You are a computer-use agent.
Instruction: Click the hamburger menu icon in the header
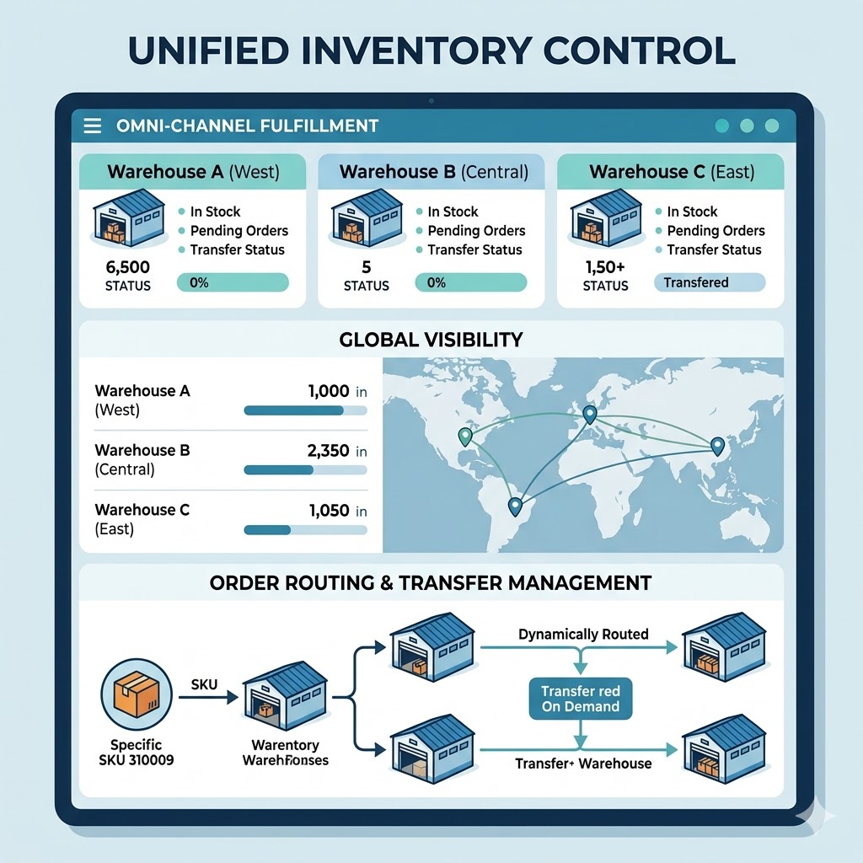[x=93, y=126]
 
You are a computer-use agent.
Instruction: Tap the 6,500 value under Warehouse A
[x=128, y=268]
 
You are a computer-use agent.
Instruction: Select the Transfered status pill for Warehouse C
[x=708, y=282]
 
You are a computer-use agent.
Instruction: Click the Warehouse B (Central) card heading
[x=433, y=173]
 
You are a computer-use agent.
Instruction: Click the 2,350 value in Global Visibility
[x=329, y=451]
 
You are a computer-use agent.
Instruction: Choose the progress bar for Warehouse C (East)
[x=304, y=530]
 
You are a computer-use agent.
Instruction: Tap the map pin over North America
[x=464, y=436]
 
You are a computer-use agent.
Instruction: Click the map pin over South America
[x=515, y=506]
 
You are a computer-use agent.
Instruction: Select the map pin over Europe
[x=589, y=413]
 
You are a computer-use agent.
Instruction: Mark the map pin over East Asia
[x=717, y=446]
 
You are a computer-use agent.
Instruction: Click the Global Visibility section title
[x=431, y=340]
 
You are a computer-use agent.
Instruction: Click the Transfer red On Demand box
[x=580, y=699]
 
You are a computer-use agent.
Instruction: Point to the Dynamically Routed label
[x=583, y=634]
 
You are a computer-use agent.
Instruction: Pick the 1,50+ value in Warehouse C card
[x=605, y=268]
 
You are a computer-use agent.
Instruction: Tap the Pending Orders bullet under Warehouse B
[x=476, y=231]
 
